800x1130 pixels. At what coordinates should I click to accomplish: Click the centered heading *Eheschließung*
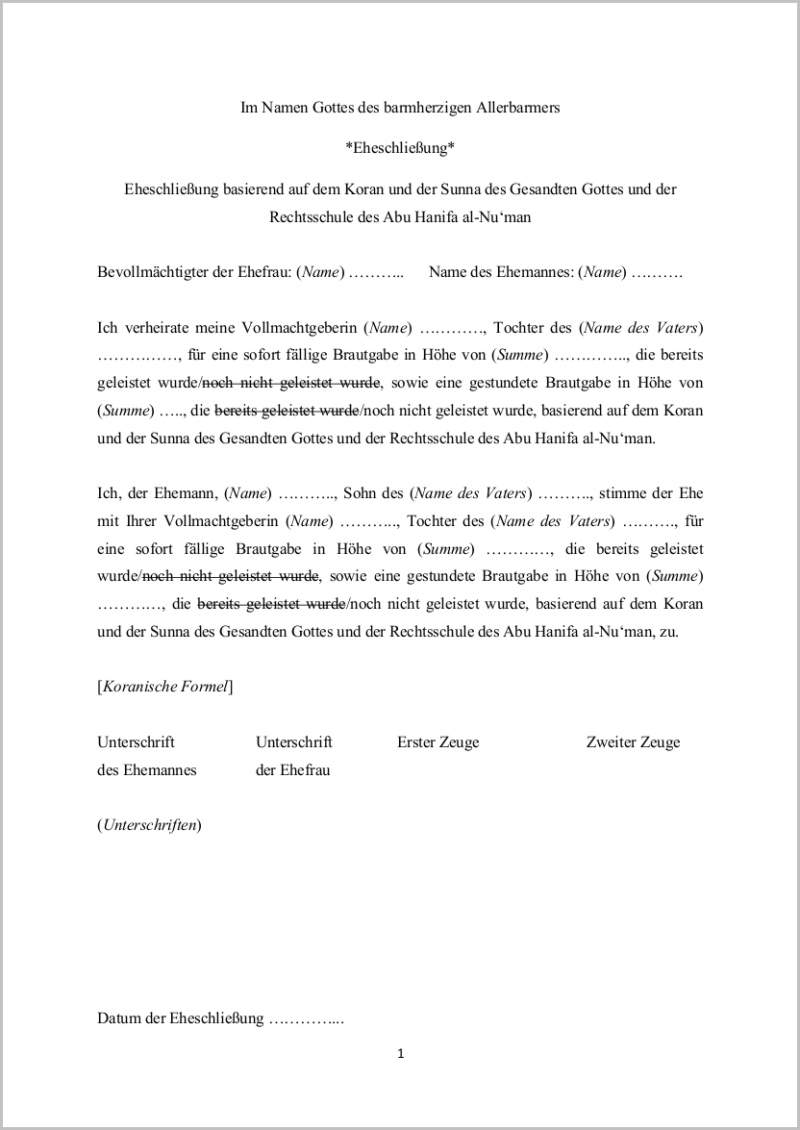(399, 148)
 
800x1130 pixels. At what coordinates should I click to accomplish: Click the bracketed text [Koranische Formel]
(164, 687)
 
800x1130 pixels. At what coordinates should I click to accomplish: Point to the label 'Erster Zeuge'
(437, 742)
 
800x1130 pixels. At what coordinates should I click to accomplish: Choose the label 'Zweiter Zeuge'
(633, 742)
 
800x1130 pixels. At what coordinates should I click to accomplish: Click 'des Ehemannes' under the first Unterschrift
(146, 769)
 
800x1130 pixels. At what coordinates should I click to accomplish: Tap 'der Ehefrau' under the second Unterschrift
(292, 769)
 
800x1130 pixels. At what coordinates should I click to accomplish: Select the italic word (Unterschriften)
(149, 825)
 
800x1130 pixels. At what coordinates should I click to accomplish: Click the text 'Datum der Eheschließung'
(180, 1018)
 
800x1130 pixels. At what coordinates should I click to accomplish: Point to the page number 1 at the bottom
(400, 1054)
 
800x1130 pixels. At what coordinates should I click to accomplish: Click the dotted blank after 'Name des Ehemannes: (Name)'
(658, 272)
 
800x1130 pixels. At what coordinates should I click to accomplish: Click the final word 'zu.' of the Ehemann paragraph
(669, 632)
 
